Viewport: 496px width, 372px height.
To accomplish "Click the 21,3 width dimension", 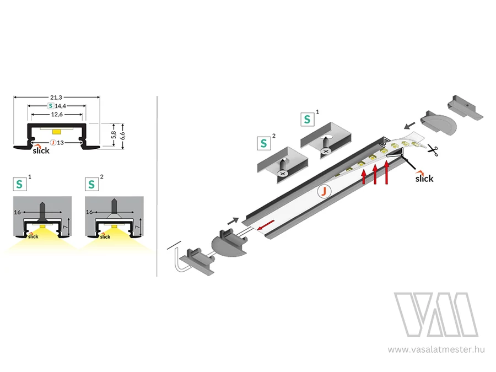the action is pos(56,98).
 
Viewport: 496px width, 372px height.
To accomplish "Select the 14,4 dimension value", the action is pos(60,106).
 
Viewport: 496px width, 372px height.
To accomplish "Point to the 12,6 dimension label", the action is pos(57,115).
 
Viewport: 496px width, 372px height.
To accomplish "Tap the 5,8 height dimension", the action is pos(114,135).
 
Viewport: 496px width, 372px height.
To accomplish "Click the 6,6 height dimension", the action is pos(123,136).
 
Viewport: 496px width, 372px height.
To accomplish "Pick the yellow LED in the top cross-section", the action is pos(57,131).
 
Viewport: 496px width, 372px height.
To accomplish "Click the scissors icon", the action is pos(433,149).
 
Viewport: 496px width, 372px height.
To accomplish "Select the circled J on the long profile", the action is pos(324,191).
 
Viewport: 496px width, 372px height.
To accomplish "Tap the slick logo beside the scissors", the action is pos(424,177).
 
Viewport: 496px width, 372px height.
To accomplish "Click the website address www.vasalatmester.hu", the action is pos(436,349).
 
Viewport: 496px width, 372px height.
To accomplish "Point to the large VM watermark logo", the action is pos(436,314).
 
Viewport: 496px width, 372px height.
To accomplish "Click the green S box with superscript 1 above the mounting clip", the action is pos(307,119).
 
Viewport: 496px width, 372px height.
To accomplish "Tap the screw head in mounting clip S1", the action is pos(325,151).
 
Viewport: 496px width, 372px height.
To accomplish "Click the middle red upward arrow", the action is pos(375,174).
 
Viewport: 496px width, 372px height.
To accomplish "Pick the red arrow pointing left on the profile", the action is pos(265,225).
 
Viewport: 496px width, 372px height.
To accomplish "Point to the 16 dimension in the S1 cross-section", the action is pos(18,212).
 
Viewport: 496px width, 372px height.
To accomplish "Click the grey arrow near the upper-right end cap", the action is pos(410,127).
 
